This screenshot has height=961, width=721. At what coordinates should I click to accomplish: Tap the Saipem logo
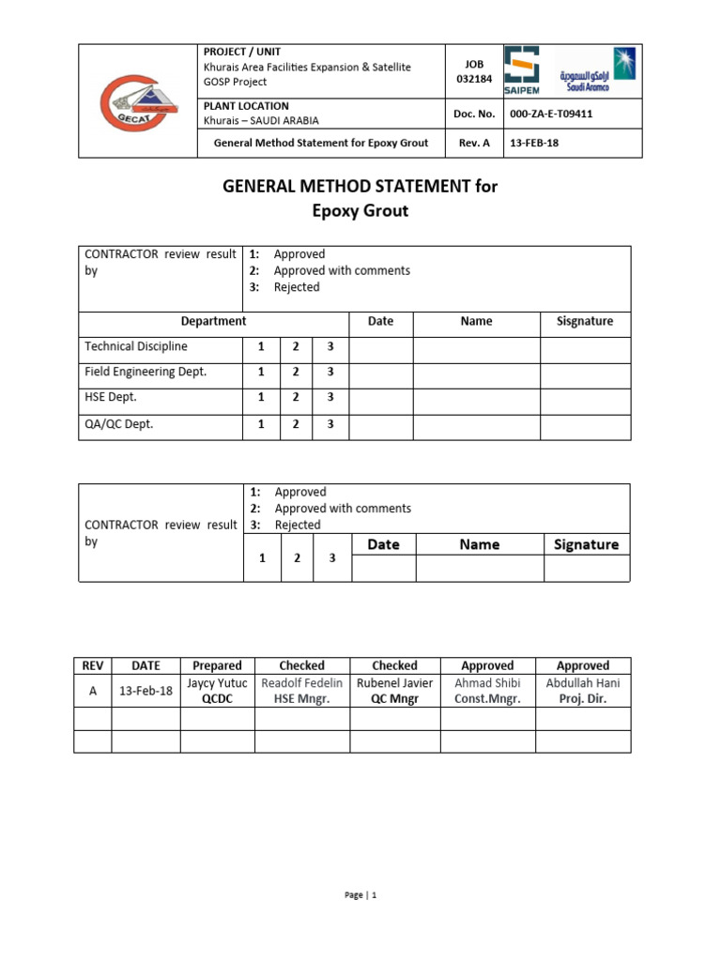point(523,71)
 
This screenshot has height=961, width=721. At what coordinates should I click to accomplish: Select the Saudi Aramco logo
point(596,70)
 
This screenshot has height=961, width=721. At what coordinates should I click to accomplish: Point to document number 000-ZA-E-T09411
point(550,114)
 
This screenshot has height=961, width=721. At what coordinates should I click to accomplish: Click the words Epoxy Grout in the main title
point(360,211)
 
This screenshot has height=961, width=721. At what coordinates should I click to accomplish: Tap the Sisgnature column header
point(585,321)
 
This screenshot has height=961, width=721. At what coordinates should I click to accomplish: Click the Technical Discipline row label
point(136,346)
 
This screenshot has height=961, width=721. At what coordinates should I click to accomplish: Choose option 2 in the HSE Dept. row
point(296,398)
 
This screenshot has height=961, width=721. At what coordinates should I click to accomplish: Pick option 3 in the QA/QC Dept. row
point(330,424)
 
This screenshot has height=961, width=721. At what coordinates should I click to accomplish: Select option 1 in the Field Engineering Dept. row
point(261,372)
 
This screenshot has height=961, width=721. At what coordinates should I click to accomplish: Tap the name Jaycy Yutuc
point(217,682)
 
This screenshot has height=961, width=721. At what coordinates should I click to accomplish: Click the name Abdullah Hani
point(583,682)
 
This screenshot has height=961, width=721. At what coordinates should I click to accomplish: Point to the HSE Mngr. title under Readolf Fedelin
point(301,699)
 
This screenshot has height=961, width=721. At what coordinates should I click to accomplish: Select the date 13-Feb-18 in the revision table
point(146,691)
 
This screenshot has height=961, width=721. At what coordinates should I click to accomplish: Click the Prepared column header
point(217,665)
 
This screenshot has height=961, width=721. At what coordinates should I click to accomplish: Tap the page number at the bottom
point(360,895)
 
